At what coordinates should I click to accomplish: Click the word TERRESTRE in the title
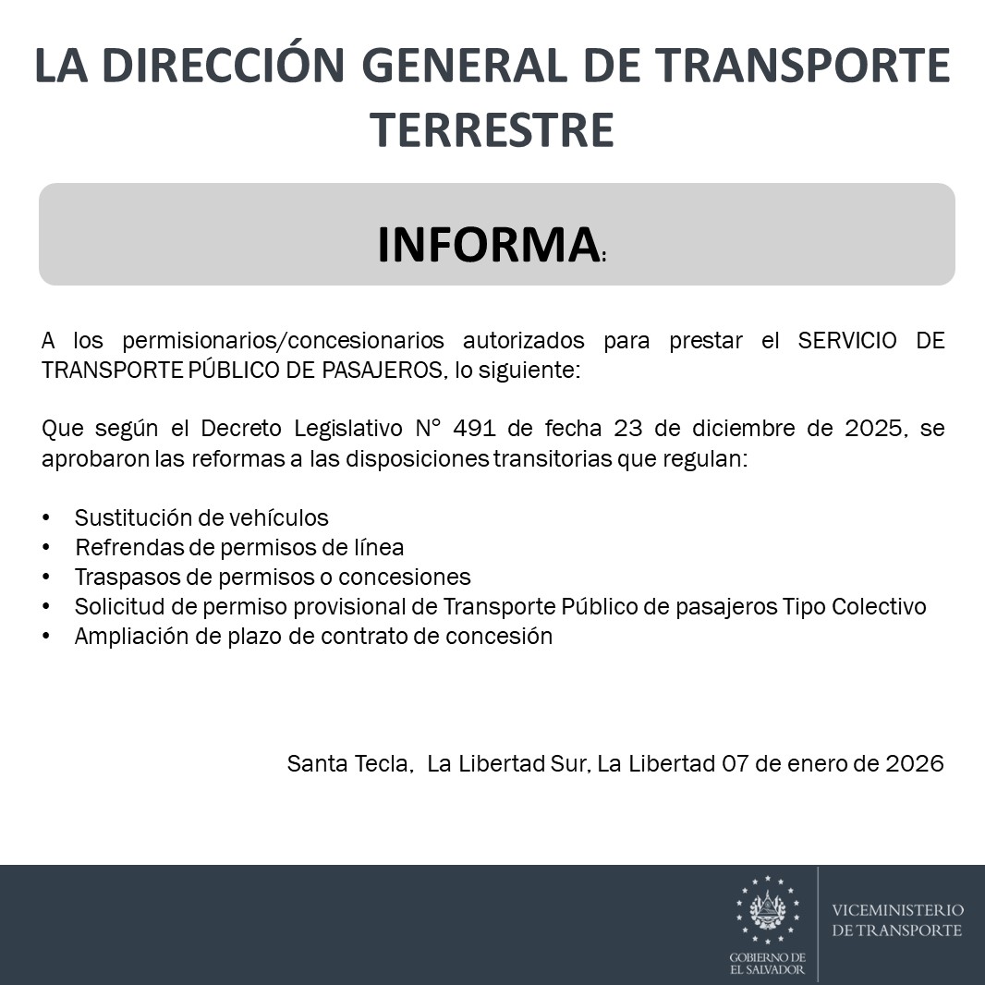pyautogui.click(x=492, y=129)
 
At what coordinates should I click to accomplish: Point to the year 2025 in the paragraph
pyautogui.click(x=874, y=430)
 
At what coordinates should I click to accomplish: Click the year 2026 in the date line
pyautogui.click(x=914, y=764)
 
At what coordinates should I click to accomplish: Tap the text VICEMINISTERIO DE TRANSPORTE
pyautogui.click(x=897, y=920)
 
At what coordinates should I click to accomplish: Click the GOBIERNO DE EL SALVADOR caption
pyautogui.click(x=767, y=964)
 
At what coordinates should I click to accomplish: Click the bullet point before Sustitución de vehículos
pyautogui.click(x=47, y=518)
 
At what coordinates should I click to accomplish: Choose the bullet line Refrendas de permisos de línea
pyautogui.click(x=239, y=548)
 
